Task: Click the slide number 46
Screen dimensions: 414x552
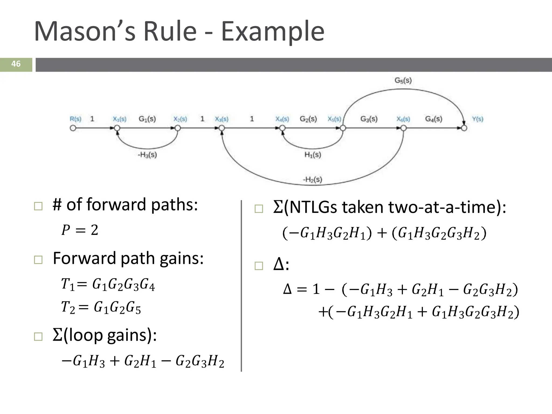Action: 16,64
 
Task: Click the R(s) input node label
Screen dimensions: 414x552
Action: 75,119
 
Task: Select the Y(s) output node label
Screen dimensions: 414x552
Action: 478,119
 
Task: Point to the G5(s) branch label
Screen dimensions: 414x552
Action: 403,80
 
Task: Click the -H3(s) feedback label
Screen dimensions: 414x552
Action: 147,155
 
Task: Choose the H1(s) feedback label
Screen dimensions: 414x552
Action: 313,155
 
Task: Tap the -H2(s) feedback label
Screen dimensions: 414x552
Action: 312,180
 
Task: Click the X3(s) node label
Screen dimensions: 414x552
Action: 222,119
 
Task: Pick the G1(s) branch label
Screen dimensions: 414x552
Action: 147,119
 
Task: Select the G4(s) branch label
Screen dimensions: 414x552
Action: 434,119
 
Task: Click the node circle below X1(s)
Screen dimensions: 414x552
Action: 117,128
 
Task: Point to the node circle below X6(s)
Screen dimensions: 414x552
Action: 403,128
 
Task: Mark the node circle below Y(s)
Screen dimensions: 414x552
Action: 464,128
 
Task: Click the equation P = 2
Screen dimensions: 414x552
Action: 80,230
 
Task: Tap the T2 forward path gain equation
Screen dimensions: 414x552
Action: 101,307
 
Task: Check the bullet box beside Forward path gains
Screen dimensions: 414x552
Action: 38,260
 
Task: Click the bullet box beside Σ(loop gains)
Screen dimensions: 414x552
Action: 38,336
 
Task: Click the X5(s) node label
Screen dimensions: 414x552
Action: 334,119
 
